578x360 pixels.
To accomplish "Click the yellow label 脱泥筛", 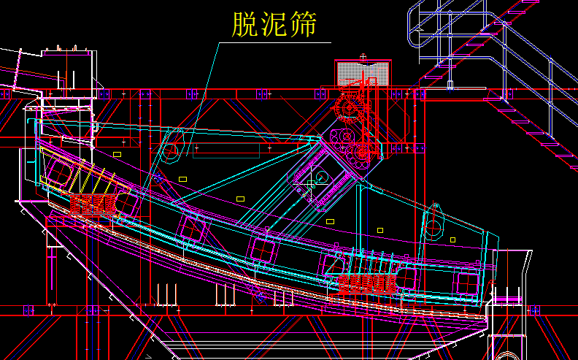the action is click(274, 24).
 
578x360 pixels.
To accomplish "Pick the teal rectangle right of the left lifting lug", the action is click(226, 150).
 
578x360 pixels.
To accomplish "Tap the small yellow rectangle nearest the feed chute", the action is click(117, 154).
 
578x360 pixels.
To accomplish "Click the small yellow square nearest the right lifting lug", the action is click(452, 240).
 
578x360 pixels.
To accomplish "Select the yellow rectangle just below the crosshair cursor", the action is click(330, 221).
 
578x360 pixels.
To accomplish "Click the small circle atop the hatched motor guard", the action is click(363, 56).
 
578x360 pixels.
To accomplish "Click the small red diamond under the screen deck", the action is click(258, 295).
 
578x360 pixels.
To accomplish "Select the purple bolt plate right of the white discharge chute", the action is click(533, 310).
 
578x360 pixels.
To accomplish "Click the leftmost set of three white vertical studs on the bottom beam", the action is click(166, 294).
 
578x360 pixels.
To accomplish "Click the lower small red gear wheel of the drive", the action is click(363, 153).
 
